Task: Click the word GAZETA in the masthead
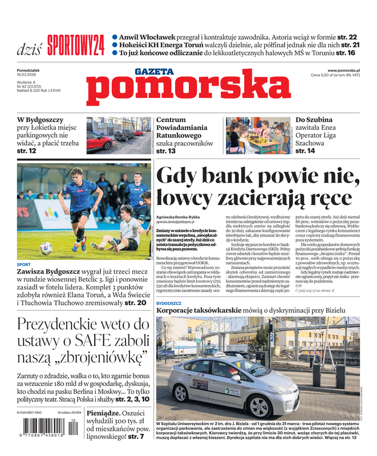[x=154, y=72]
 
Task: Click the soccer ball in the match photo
[x=46, y=248]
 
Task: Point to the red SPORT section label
[x=24, y=265]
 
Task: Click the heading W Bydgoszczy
[x=40, y=120]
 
